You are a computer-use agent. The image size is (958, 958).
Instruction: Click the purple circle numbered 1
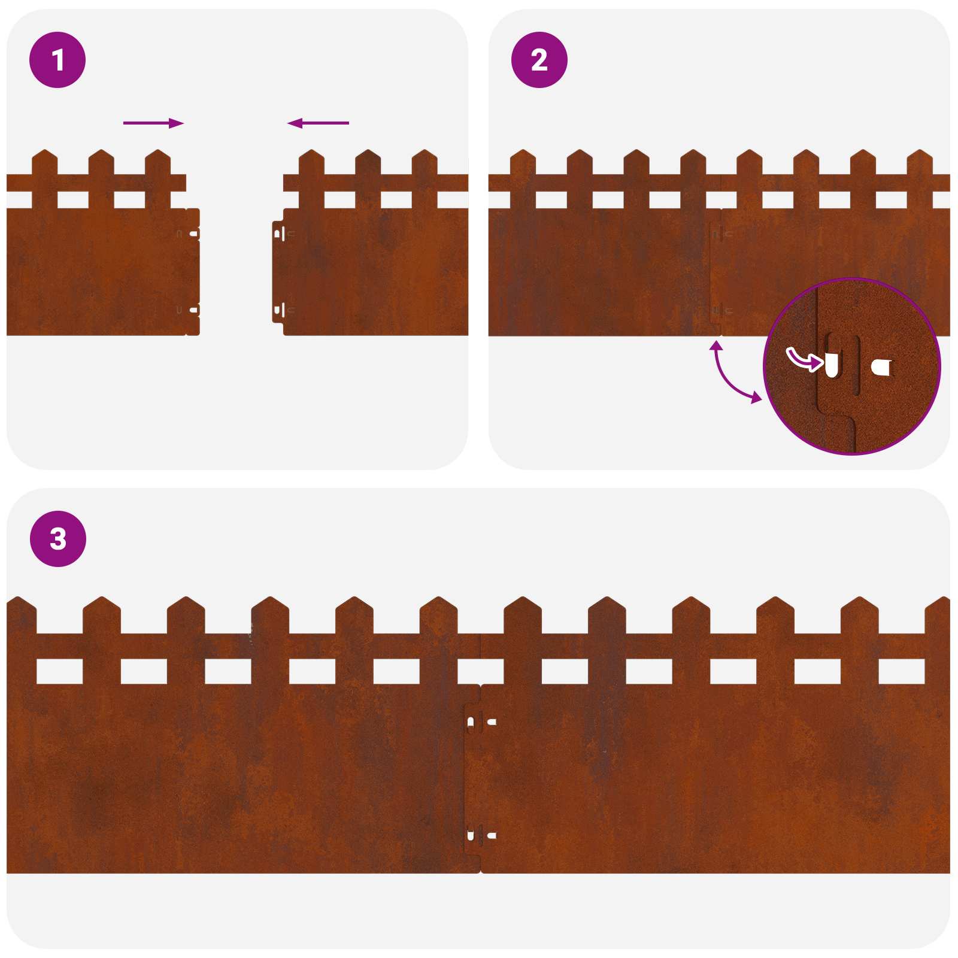[57, 60]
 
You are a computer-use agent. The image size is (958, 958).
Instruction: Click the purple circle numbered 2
[539, 60]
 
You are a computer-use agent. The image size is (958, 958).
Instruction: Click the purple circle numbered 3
[58, 538]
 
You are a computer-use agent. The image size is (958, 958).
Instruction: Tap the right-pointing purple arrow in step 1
[153, 123]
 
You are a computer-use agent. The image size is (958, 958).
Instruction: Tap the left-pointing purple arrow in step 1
[318, 123]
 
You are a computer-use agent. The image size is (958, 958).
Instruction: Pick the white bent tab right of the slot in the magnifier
[881, 367]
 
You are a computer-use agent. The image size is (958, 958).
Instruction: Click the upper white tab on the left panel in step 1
[193, 234]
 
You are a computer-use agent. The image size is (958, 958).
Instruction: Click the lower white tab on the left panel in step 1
[193, 310]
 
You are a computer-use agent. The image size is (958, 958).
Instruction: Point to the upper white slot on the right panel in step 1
[277, 234]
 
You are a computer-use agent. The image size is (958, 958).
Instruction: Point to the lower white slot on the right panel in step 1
[277, 310]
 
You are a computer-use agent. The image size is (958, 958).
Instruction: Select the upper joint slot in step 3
[471, 722]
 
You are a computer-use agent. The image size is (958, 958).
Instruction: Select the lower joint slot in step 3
[471, 835]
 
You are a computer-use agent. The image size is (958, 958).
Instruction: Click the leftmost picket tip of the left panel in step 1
[44, 157]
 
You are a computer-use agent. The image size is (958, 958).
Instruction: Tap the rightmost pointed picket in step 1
[425, 157]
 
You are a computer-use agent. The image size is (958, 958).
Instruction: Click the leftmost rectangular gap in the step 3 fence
[59, 671]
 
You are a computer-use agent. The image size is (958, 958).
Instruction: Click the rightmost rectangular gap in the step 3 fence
[901, 671]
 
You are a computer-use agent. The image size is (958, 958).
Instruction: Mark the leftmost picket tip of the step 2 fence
[523, 157]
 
